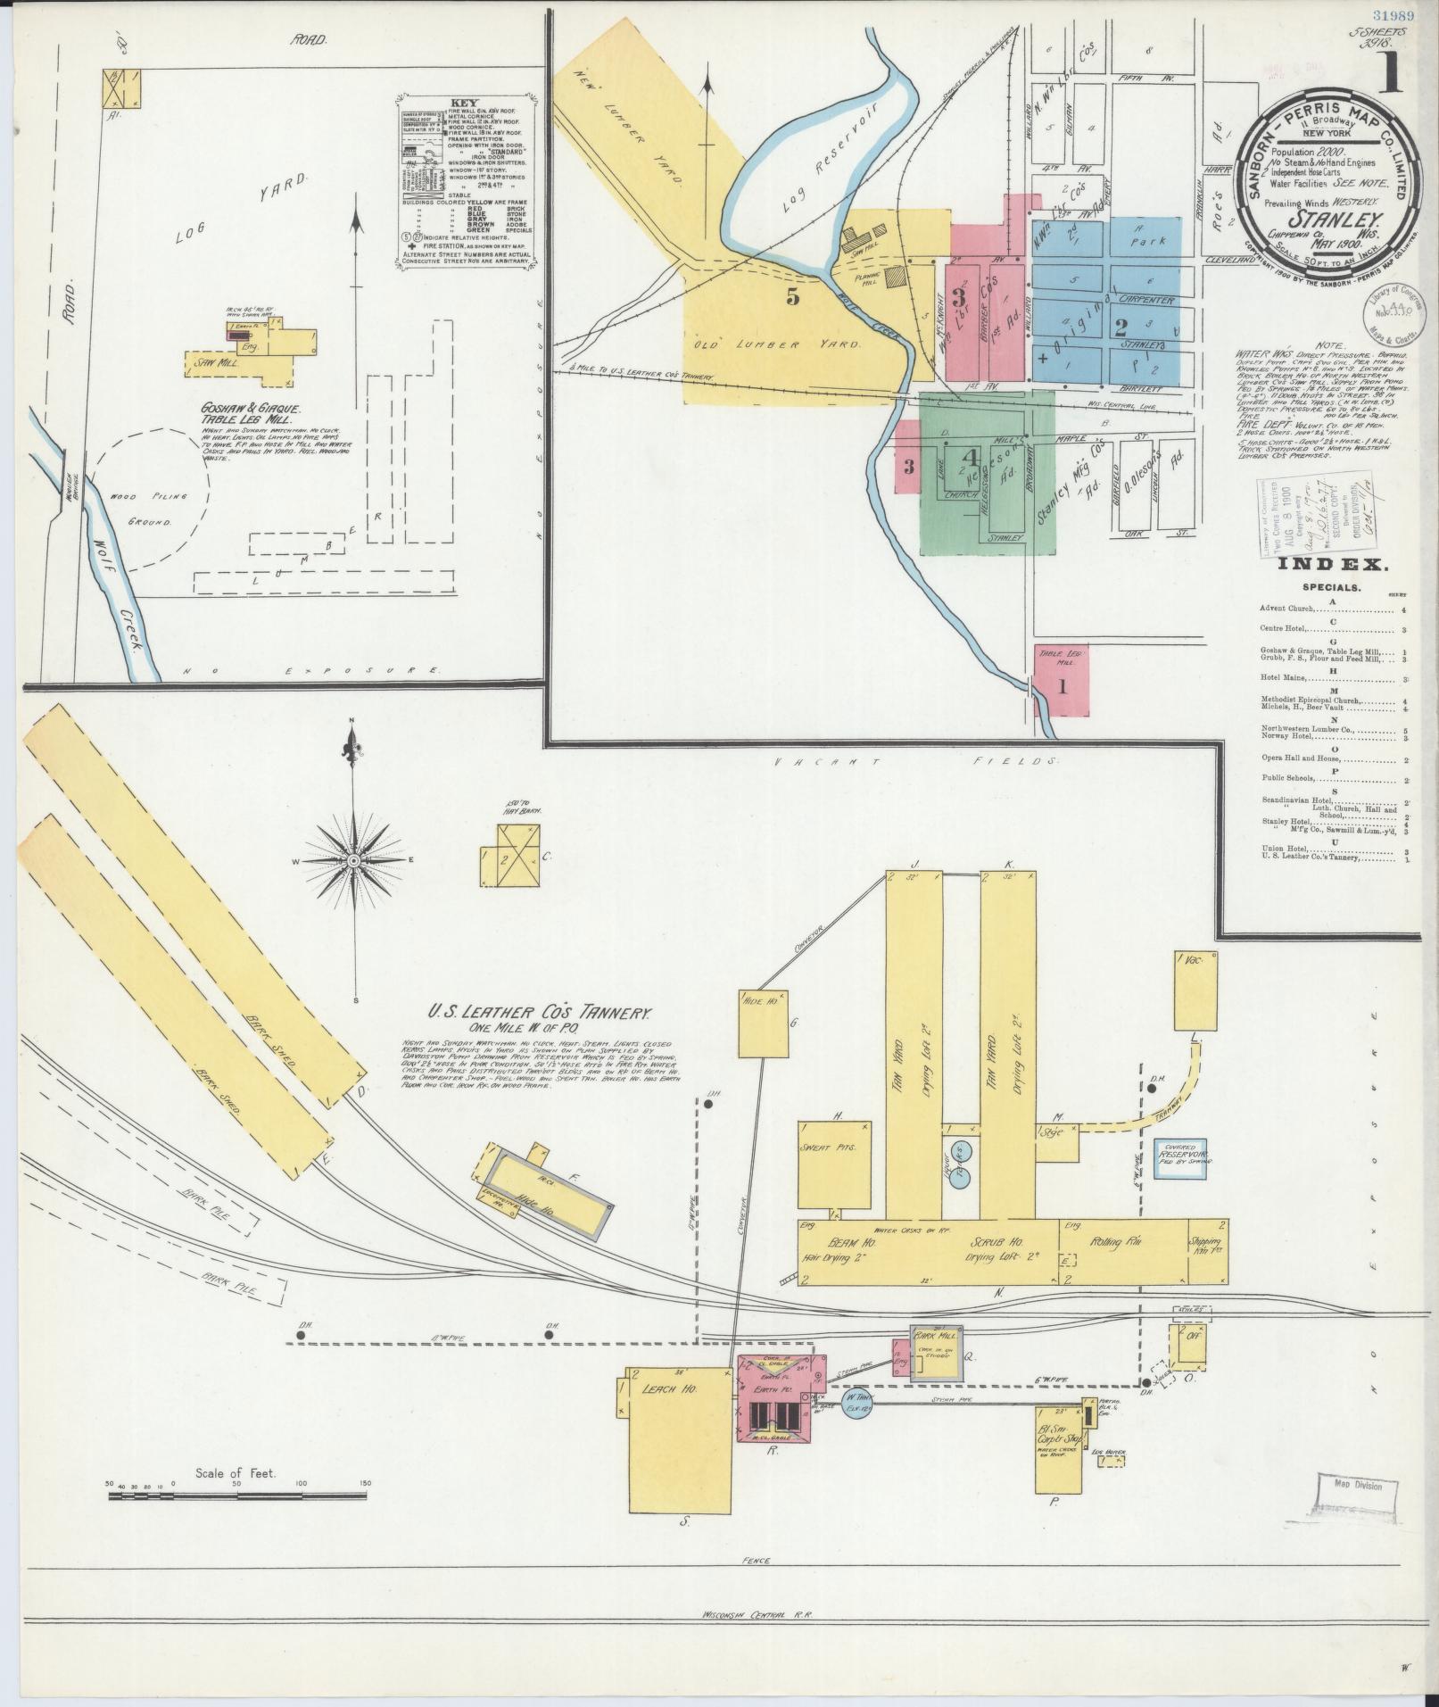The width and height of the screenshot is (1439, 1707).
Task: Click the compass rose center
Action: [x=354, y=859]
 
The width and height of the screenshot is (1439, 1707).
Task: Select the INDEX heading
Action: [x=1331, y=565]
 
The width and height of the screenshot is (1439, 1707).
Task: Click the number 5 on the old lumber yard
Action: [x=792, y=299]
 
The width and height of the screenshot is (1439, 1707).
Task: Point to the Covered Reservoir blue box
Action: [x=1180, y=1160]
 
